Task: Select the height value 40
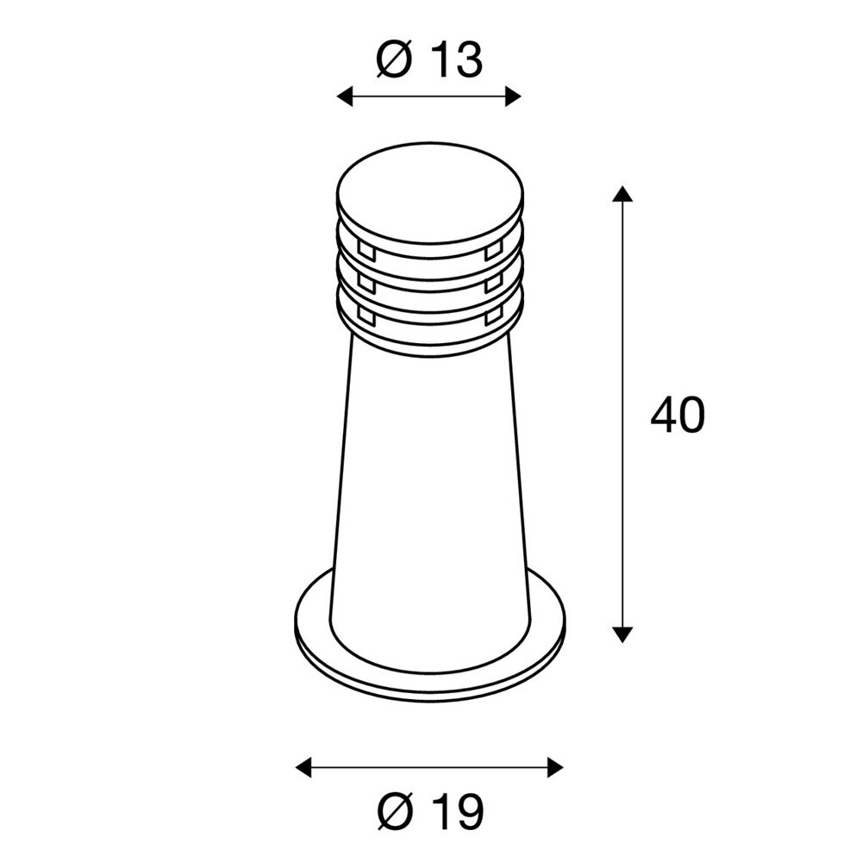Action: (678, 415)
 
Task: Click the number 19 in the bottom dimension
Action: (457, 810)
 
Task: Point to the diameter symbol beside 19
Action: (397, 810)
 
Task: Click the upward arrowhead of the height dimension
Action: (622, 193)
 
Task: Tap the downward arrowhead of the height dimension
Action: (622, 634)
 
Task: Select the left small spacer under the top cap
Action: (365, 252)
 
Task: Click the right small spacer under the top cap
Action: (494, 252)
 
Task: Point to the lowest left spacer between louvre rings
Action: (365, 318)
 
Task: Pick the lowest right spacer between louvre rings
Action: (494, 318)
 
